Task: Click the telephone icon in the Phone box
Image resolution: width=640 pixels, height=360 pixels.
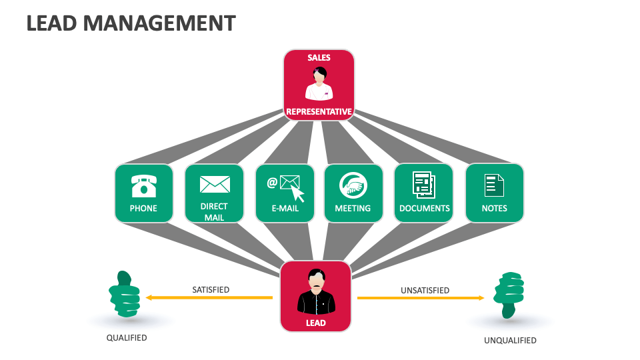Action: pos(143,186)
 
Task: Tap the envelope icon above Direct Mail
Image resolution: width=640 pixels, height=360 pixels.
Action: pos(215,184)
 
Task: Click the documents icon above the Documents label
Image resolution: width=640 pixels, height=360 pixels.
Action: pos(423,185)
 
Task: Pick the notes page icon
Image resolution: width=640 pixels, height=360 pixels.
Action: pos(494,185)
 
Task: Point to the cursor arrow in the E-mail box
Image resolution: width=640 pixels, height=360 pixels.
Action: pos(297,194)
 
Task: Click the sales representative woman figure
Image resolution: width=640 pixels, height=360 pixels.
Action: pos(319,84)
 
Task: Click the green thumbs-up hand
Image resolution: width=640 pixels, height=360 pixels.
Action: pos(125,294)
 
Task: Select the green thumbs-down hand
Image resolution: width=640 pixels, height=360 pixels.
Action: pos(508,294)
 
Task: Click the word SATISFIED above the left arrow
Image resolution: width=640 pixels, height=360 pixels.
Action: pos(211,290)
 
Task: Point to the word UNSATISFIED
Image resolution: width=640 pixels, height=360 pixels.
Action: pos(425,291)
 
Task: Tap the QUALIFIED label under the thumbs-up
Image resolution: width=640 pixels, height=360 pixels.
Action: pos(127,338)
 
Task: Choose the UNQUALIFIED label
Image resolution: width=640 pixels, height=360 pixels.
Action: pos(510,341)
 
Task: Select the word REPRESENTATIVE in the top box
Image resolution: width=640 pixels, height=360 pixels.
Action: pos(319,112)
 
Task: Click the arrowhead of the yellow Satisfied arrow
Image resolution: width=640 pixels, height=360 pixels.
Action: pos(149,297)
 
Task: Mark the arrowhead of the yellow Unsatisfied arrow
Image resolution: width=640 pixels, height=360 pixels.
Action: pos(481,298)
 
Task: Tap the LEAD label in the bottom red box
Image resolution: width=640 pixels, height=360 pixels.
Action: pos(316,323)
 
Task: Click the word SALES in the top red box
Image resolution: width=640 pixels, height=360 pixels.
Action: pos(319,58)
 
